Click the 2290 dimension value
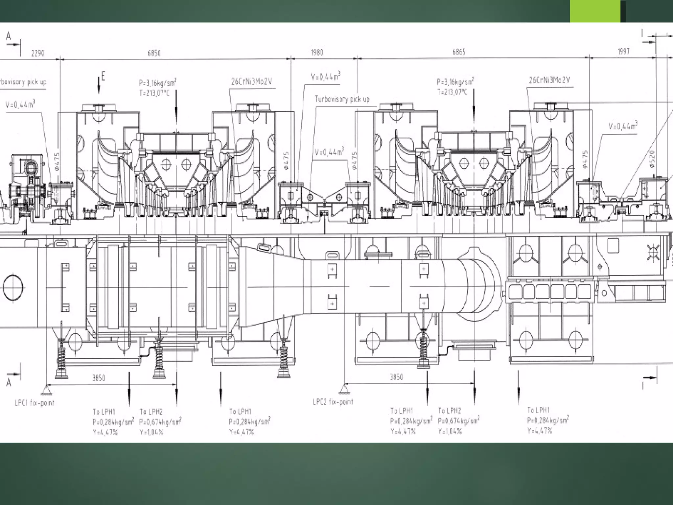click(x=38, y=53)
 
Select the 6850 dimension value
click(x=154, y=53)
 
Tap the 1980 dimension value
click(x=317, y=52)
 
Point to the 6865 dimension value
click(x=458, y=52)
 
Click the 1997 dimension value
click(x=623, y=51)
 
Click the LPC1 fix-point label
click(x=35, y=403)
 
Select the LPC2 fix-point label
click(x=333, y=402)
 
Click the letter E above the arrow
click(x=103, y=77)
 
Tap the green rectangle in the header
click(x=595, y=11)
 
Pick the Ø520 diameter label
click(x=652, y=159)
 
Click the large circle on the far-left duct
click(x=13, y=287)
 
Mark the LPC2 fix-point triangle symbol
click(x=344, y=389)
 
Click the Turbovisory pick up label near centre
click(x=342, y=99)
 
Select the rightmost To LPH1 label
click(x=538, y=410)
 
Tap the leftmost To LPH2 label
click(x=151, y=412)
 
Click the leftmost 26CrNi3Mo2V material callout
click(x=252, y=82)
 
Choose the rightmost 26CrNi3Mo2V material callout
click(x=549, y=80)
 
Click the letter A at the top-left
click(x=9, y=36)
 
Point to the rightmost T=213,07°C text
click(x=452, y=92)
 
